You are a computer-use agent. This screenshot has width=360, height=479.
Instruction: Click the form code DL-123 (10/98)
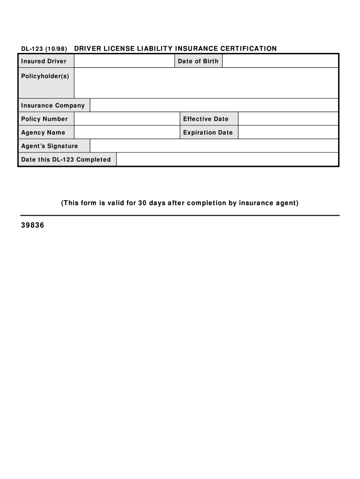click(x=44, y=49)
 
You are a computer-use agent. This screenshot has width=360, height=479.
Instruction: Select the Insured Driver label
click(x=44, y=61)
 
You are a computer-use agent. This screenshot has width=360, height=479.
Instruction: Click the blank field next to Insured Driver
click(x=124, y=61)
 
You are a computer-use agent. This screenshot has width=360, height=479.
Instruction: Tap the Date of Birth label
click(x=198, y=61)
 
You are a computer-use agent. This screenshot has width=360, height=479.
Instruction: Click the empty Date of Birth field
click(x=280, y=61)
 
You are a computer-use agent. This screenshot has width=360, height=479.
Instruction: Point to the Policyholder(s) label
click(x=45, y=76)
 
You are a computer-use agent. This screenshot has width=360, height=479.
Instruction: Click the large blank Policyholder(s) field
click(x=206, y=83)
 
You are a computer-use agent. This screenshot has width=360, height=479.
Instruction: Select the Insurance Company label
click(x=53, y=106)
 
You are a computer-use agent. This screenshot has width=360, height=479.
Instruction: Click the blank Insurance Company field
click(x=214, y=106)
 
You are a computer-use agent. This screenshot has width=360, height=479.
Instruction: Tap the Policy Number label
click(x=44, y=119)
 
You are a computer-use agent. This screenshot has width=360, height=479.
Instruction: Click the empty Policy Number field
click(x=127, y=119)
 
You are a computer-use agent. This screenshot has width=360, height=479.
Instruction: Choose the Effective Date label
click(x=206, y=119)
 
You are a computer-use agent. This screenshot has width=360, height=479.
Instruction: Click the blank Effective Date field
click(x=288, y=119)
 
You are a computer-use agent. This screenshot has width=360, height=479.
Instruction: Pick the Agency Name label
click(x=43, y=132)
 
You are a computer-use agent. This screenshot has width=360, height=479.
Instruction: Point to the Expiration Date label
click(x=208, y=132)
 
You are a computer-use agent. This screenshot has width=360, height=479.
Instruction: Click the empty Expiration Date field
click(x=288, y=132)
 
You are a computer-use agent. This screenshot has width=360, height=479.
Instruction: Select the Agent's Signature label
click(x=50, y=146)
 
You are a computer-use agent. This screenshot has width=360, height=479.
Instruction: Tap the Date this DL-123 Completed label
click(x=66, y=160)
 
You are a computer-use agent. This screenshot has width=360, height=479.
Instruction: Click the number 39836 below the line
click(x=33, y=226)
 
